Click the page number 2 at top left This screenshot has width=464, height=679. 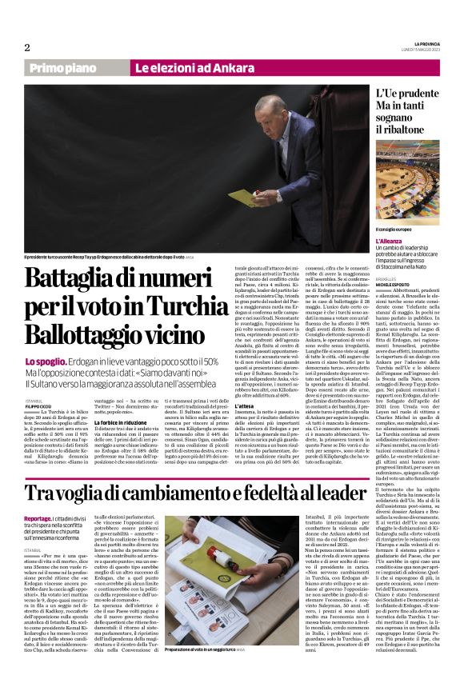pyautogui.click(x=27, y=48)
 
